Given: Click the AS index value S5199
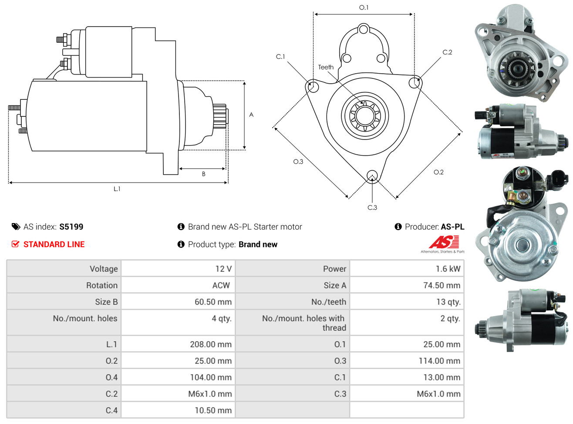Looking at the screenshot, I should click(71, 227).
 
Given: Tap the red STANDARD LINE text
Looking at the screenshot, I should click(54, 244).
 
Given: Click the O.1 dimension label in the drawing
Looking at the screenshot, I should click(364, 7).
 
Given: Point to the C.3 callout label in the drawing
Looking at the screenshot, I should click(372, 207).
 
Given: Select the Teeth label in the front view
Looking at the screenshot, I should click(326, 67).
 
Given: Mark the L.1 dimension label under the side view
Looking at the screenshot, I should click(117, 189).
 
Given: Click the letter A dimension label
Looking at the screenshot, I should click(251, 115).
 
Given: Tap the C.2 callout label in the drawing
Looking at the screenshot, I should click(447, 52).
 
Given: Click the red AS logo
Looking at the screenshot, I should click(444, 242).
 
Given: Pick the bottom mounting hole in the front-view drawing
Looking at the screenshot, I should click(372, 176).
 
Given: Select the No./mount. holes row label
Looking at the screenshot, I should click(85, 319).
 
